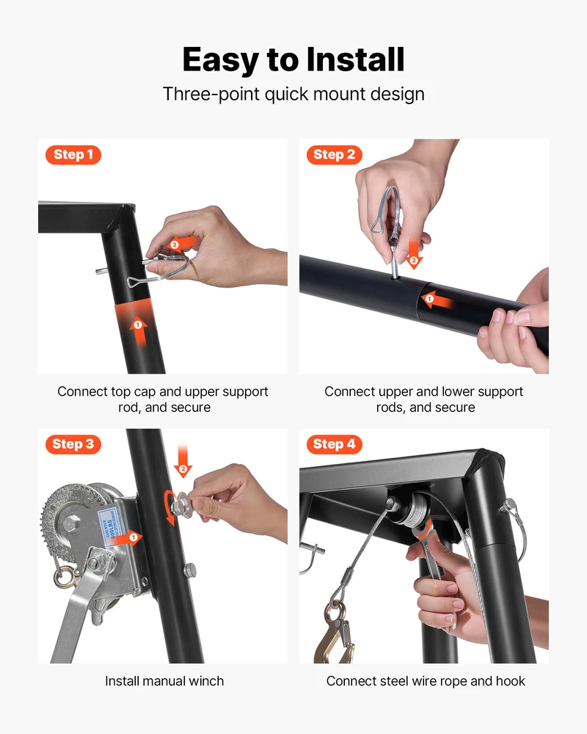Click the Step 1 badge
pyautogui.click(x=73, y=154)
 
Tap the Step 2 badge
pyautogui.click(x=335, y=154)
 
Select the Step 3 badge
pyautogui.click(x=73, y=444)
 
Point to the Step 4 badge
pyautogui.click(x=335, y=444)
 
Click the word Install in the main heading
pyautogui.click(x=355, y=59)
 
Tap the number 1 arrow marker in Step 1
pyautogui.click(x=139, y=330)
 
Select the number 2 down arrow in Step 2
pyautogui.click(x=413, y=255)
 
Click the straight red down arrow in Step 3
pyautogui.click(x=183, y=461)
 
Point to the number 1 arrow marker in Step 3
pyautogui.click(x=126, y=538)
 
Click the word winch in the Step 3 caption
pyautogui.click(x=205, y=681)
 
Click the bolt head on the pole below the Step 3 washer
pyautogui.click(x=190, y=571)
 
